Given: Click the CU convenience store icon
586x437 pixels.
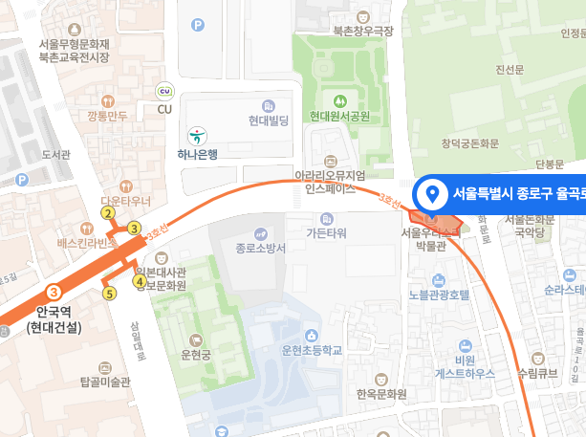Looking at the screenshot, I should tap(163, 90).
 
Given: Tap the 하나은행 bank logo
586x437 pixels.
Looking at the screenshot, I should tap(198, 135).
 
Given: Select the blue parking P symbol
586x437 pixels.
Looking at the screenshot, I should tap(198, 25).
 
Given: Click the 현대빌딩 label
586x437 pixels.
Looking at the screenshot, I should tap(269, 121).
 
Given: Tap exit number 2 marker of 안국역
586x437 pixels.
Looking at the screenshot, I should tap(108, 212).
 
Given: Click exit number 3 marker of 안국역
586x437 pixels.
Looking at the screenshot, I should tap(134, 228).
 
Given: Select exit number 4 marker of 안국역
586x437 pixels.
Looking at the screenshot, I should tap(140, 281).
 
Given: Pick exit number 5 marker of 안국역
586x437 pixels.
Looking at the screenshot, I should tap(110, 294).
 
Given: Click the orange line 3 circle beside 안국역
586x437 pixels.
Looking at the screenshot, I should tap(54, 292).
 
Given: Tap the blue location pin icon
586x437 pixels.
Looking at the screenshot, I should tap(432, 194).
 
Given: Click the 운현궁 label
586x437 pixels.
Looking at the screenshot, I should tap(195, 352).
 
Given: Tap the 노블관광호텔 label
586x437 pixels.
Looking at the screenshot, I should tap(437, 295).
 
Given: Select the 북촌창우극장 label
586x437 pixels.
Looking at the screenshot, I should tap(362, 32).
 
